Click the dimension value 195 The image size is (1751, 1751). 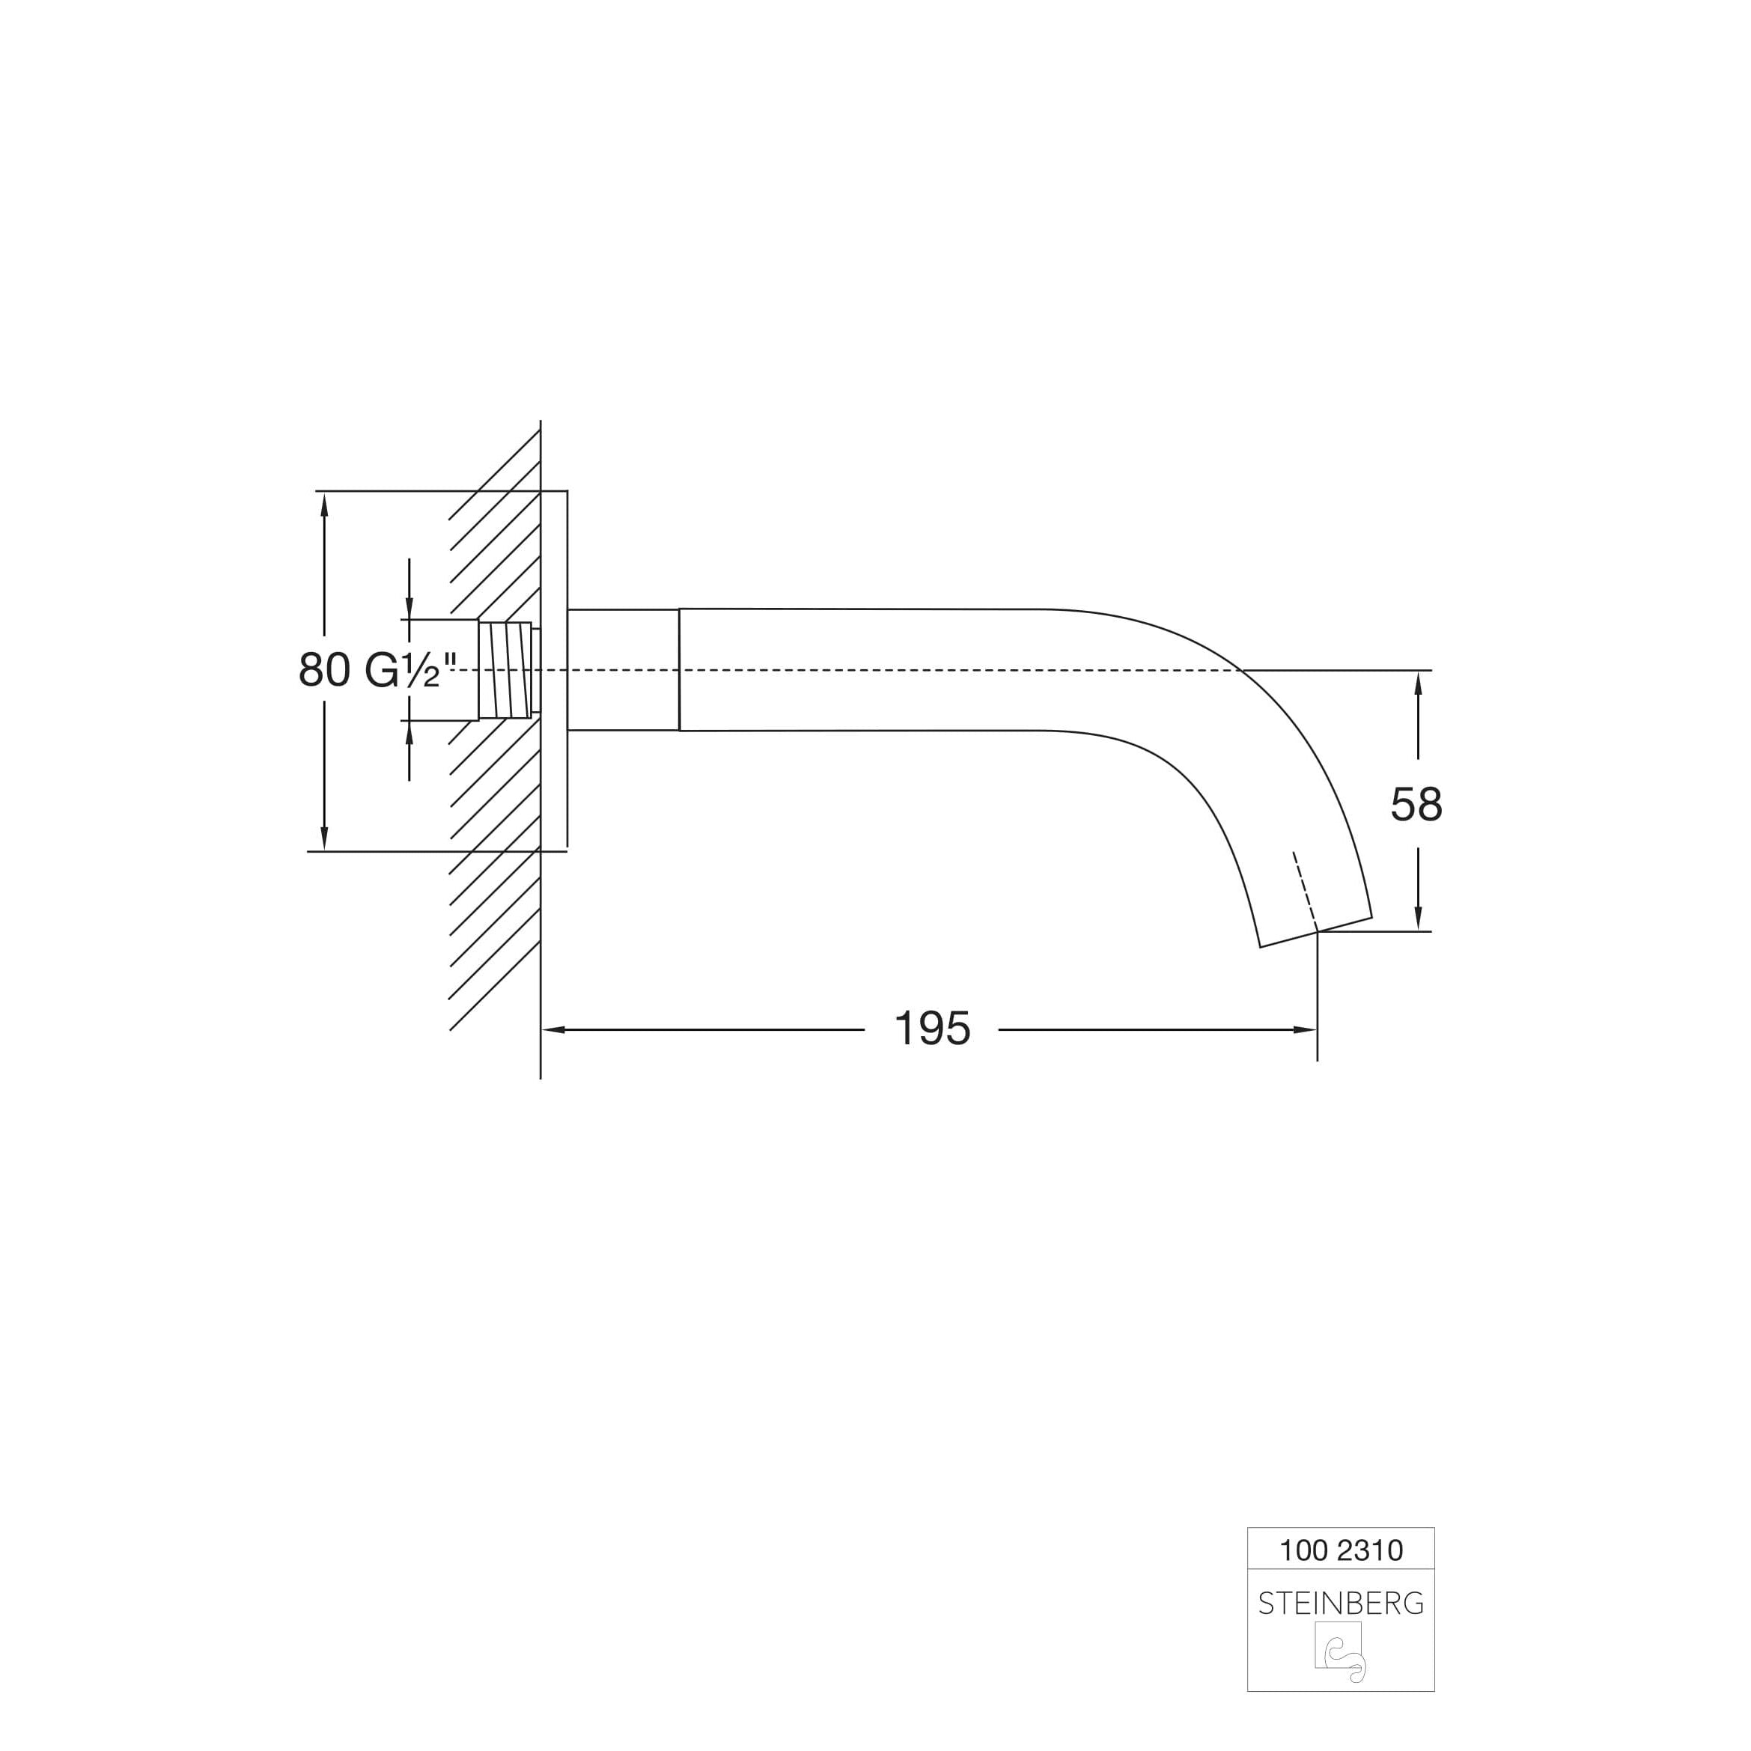933,1029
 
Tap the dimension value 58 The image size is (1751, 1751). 1416,804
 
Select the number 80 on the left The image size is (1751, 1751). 324,671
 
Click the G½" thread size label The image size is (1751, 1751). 410,671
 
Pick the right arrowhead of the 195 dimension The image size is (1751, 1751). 1304,1029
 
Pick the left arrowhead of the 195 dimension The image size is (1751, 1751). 554,1029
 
